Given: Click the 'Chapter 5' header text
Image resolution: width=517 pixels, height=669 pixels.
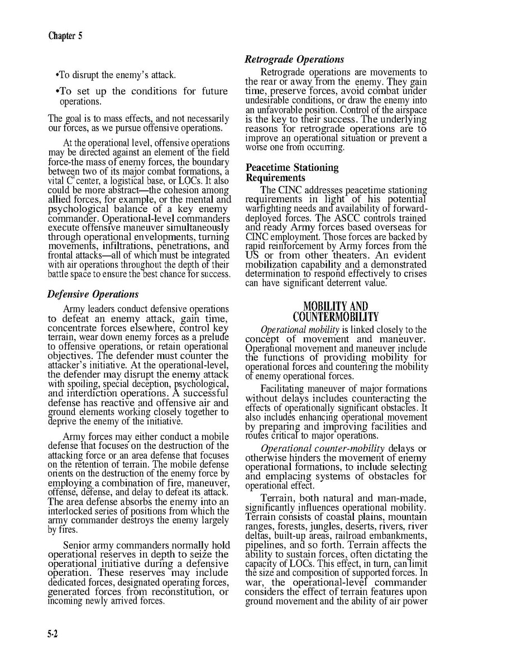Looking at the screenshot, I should [x=65, y=37].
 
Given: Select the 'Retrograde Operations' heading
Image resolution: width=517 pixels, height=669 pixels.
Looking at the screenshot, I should [x=295, y=60].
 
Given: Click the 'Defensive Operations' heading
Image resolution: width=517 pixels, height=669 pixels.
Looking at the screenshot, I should [x=93, y=294].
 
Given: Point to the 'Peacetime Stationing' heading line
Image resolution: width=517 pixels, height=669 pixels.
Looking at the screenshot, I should [x=292, y=168].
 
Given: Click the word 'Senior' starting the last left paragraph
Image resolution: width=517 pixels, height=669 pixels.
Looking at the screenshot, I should [x=77, y=545].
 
